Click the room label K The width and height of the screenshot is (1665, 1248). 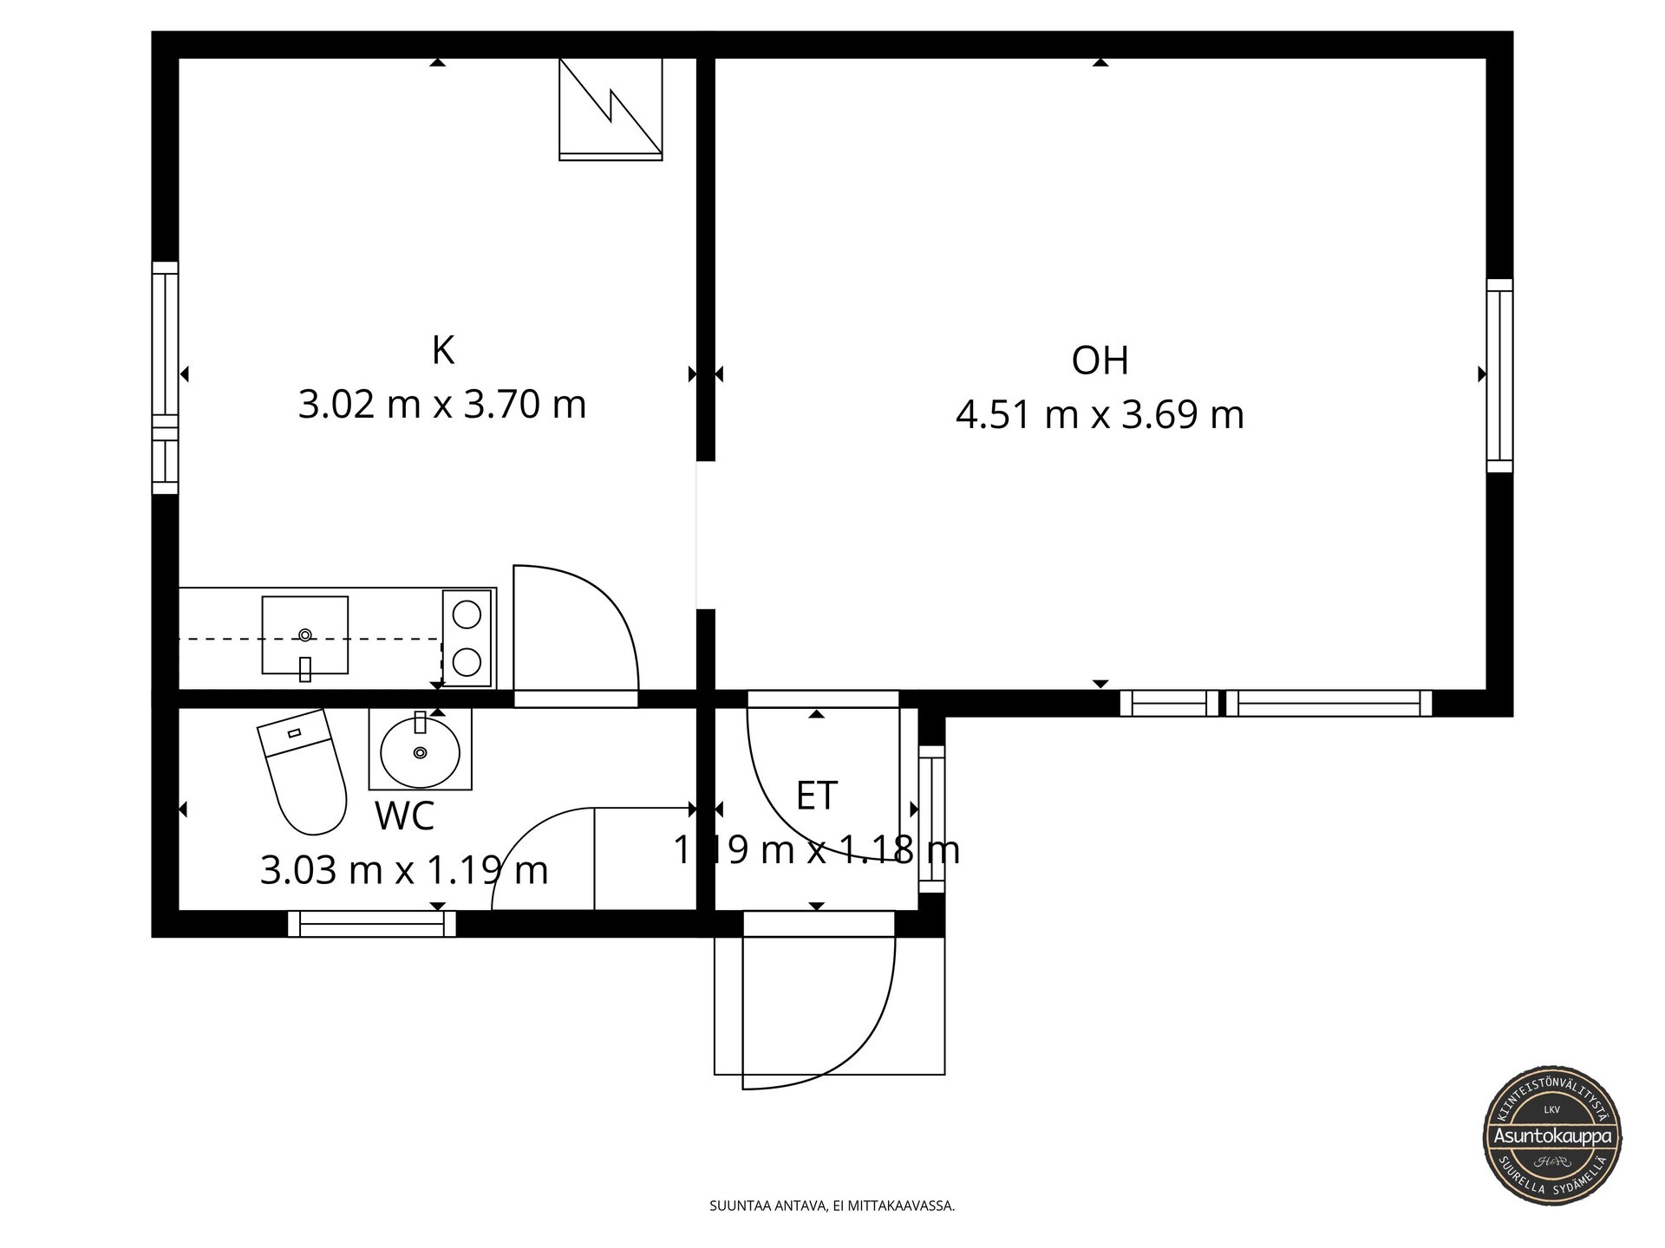coord(443,351)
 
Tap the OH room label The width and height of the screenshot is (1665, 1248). coord(1100,361)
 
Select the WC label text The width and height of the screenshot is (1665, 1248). coord(404,816)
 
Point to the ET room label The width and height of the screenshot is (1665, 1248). coord(817,796)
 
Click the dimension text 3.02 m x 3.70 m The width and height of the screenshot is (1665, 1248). coord(442,405)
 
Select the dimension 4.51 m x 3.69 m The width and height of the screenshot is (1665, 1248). coord(1100,415)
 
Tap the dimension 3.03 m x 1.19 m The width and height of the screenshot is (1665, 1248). coord(404,870)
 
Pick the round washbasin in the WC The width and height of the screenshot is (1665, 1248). coord(421,750)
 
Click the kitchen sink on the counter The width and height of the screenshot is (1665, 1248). coord(305,635)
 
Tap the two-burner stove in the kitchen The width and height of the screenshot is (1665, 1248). coord(467,638)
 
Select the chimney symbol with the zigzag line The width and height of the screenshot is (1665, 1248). coord(610,109)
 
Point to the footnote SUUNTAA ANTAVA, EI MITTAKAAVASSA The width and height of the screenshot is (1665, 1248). coord(832,1206)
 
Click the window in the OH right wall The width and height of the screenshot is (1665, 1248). coord(1499,375)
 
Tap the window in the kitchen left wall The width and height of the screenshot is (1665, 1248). coord(166,378)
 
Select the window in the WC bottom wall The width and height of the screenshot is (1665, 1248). coord(372,924)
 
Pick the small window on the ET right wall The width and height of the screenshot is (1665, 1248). coord(930,819)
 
